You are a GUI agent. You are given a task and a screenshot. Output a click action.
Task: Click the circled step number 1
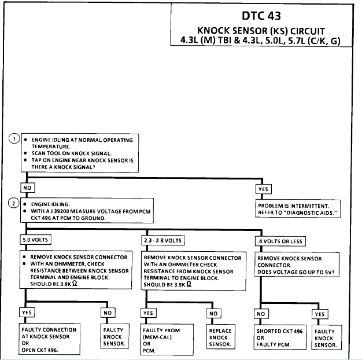14,139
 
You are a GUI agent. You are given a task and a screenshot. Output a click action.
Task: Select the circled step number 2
14,204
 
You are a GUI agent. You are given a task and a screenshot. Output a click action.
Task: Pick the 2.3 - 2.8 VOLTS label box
163,240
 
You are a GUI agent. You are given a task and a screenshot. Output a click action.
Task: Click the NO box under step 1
28,188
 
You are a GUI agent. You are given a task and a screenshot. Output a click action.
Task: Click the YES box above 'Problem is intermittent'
263,188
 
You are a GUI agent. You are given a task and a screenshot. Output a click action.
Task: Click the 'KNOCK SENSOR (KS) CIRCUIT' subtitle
261,30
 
